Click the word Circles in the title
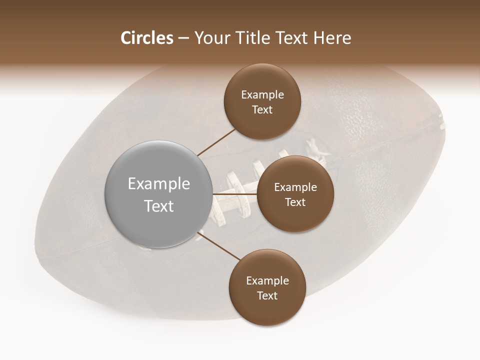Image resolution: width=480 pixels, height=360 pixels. click(x=146, y=38)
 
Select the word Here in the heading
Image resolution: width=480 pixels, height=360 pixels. click(x=332, y=38)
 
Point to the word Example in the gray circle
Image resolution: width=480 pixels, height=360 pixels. click(x=159, y=184)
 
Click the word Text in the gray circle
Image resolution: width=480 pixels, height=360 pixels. click(x=159, y=206)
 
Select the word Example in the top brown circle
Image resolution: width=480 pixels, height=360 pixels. click(x=262, y=95)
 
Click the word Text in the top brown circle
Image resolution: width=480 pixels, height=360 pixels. click(x=262, y=110)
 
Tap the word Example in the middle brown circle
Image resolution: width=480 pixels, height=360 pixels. click(x=295, y=187)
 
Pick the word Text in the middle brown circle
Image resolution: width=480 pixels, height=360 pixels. click(x=295, y=202)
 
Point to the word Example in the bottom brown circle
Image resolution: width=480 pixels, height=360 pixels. click(x=267, y=281)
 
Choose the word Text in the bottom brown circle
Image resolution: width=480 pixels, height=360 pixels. click(x=267, y=296)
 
